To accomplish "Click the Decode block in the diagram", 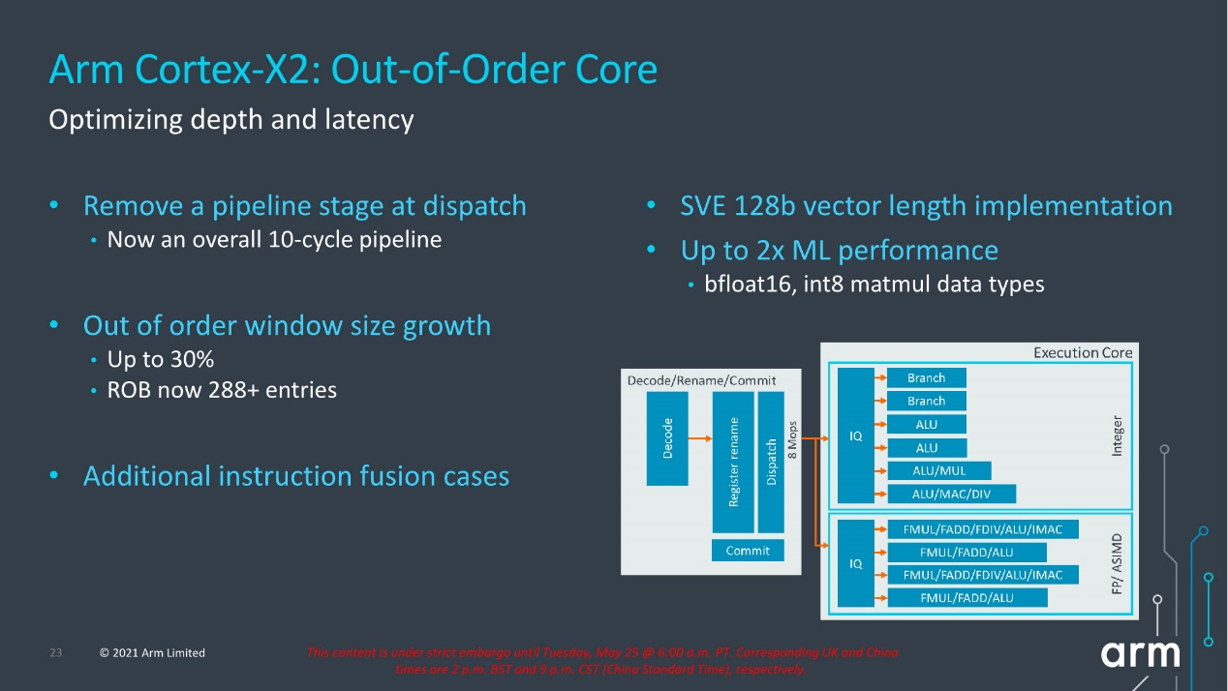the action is tap(667, 438).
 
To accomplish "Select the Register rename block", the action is tap(733, 462).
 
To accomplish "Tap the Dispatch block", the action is tap(771, 462).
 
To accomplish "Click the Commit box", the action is tap(748, 550).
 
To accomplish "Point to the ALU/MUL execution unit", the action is tap(939, 470).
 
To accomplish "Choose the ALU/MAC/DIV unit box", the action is tap(951, 494).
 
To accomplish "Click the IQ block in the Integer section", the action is tap(856, 436).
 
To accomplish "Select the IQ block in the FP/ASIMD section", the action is tap(856, 563).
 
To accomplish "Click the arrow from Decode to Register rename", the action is tap(700, 438).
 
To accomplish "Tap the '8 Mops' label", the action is tap(792, 439).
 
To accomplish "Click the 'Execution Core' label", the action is tap(1083, 352).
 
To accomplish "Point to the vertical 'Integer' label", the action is tap(1117, 436).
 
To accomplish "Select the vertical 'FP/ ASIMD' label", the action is tap(1117, 564).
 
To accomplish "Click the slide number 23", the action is tap(56, 652).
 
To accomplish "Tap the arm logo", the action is tap(1140, 653).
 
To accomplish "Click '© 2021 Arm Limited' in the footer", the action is tap(152, 652).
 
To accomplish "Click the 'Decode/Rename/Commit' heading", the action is tap(701, 380).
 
